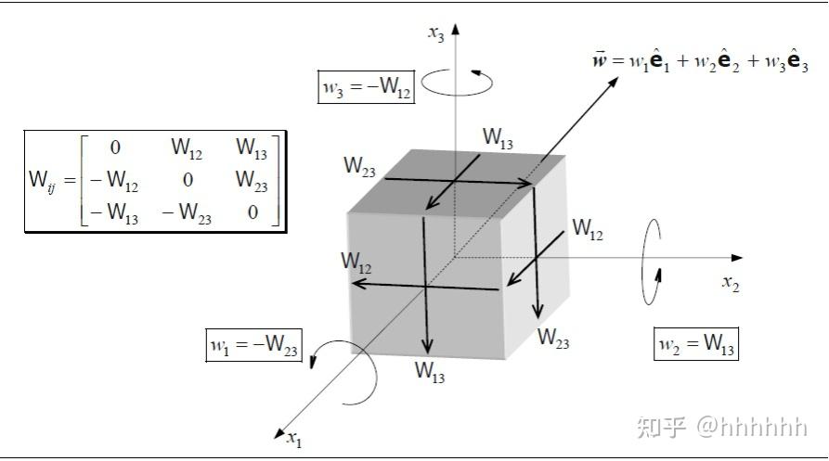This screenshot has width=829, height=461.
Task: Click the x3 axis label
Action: click(x=436, y=33)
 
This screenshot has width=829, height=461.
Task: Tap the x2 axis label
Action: click(x=731, y=284)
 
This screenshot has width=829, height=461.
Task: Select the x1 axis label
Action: click(x=294, y=439)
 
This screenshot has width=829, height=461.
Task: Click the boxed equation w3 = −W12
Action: click(x=366, y=86)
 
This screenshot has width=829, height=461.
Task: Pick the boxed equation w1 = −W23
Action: click(x=253, y=345)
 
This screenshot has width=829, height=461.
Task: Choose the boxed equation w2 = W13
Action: click(x=695, y=344)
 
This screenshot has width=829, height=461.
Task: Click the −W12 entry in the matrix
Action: click(x=114, y=181)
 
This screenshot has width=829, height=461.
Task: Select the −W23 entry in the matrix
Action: click(x=187, y=212)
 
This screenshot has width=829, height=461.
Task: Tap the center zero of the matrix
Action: click(x=188, y=180)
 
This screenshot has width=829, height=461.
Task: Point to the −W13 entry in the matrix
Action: click(x=114, y=212)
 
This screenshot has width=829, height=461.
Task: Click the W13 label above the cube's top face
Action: click(x=498, y=138)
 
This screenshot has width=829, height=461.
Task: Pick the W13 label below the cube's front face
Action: click(x=429, y=371)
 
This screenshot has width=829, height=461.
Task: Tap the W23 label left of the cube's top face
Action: click(x=359, y=166)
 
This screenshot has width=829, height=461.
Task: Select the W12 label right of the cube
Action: click(x=588, y=229)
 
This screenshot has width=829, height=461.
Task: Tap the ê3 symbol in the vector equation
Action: click(x=797, y=60)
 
